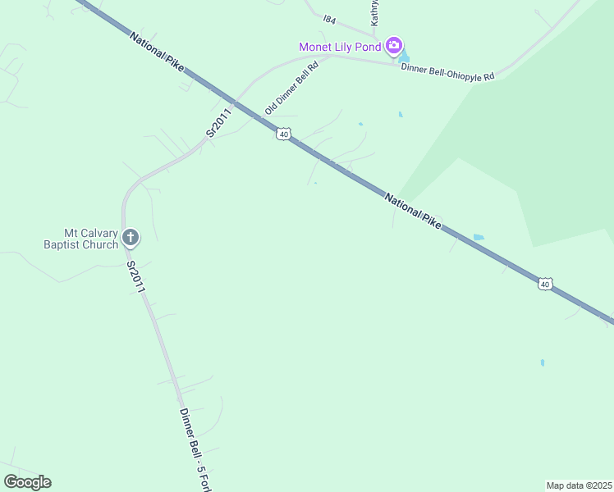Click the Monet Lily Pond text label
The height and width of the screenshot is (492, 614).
coord(339,47)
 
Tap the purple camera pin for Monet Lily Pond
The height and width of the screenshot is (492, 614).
coord(394,45)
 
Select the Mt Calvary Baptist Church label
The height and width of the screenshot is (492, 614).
coord(80,239)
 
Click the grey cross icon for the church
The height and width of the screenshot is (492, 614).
coord(130,239)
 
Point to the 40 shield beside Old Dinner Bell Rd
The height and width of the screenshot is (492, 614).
coord(283,134)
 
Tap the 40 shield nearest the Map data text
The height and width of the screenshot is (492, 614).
coord(545,284)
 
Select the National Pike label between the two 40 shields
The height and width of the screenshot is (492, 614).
coord(414,209)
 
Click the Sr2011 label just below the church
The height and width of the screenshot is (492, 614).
coord(135,277)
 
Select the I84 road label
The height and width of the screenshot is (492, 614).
coord(330,19)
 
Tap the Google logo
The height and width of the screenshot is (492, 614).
coord(27,482)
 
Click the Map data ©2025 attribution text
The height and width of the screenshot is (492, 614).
coord(579,485)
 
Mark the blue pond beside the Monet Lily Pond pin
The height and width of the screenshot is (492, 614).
coord(403,57)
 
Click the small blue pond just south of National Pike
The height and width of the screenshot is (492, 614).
coord(479,238)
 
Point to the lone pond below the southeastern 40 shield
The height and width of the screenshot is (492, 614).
coord(543,362)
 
